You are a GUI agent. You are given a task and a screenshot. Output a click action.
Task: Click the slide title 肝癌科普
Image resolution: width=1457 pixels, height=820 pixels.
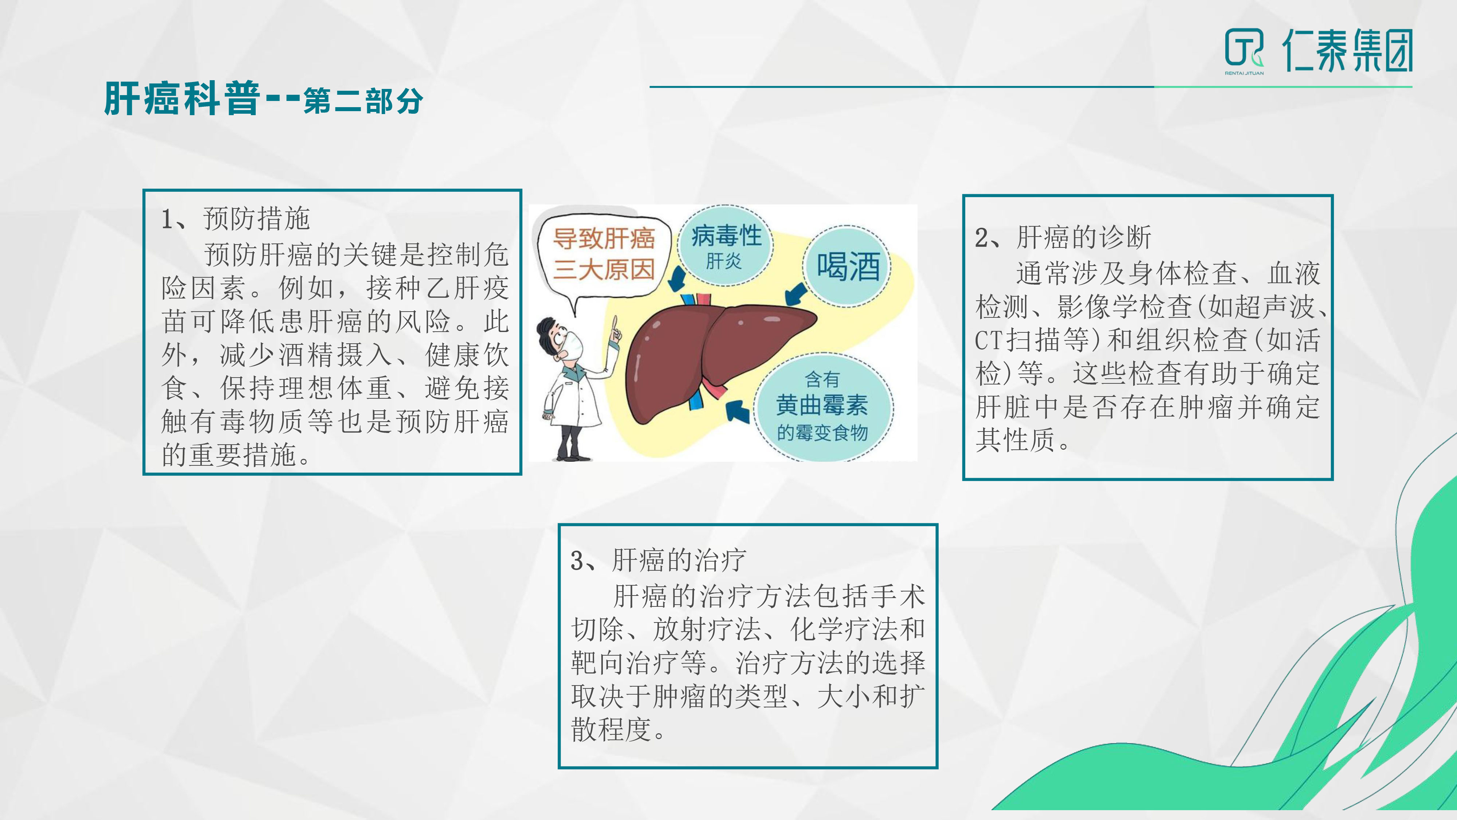click(x=182, y=99)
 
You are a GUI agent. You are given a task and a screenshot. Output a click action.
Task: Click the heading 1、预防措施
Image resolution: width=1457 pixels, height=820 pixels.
click(x=236, y=219)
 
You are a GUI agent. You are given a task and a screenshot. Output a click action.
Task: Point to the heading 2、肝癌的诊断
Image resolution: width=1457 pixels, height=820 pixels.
click(x=1063, y=237)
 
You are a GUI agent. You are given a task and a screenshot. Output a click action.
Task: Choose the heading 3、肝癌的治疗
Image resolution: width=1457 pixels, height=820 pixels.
click(x=658, y=560)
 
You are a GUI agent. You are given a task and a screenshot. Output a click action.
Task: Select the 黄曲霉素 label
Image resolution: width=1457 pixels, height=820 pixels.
click(x=822, y=405)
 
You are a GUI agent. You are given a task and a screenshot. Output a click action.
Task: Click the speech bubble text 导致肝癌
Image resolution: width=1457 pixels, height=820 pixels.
click(x=604, y=238)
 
